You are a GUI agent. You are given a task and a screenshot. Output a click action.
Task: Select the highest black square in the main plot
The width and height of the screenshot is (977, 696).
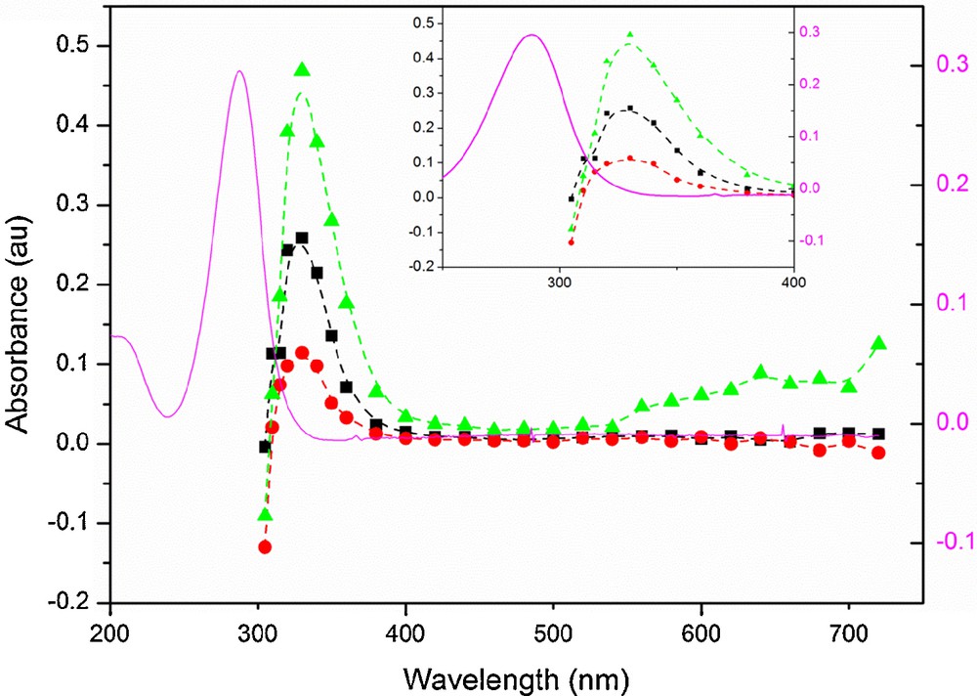[x=302, y=238]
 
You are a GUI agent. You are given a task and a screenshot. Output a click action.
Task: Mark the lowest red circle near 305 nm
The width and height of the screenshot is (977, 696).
[x=265, y=546]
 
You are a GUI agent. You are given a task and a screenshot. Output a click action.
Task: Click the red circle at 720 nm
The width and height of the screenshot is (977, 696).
[x=878, y=453]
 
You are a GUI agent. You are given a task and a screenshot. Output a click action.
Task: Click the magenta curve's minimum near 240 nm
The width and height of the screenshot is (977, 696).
[x=167, y=416]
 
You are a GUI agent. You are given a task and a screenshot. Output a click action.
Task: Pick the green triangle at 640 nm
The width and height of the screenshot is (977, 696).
[x=761, y=371]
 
